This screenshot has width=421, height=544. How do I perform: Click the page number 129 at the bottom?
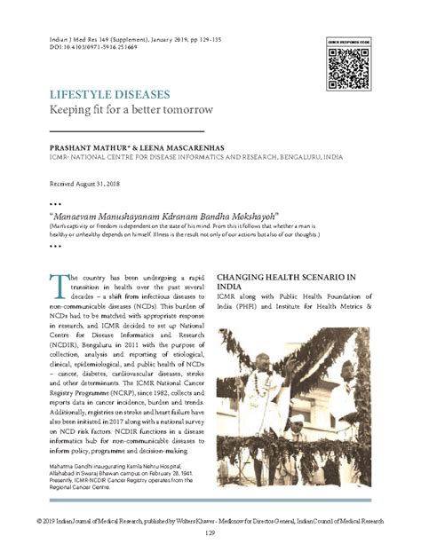(210, 532)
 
